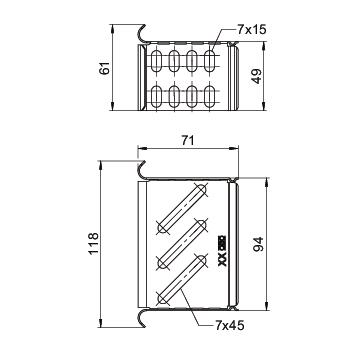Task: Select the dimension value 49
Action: coord(257,76)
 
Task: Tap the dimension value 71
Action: coord(188,141)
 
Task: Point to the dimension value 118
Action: coord(93,243)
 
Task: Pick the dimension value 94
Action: coord(259,244)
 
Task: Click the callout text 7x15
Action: coord(252,30)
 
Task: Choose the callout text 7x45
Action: coord(230,325)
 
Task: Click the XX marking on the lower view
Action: coord(222,261)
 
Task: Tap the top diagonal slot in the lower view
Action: coord(182,208)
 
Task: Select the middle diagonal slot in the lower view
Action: coord(182,244)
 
